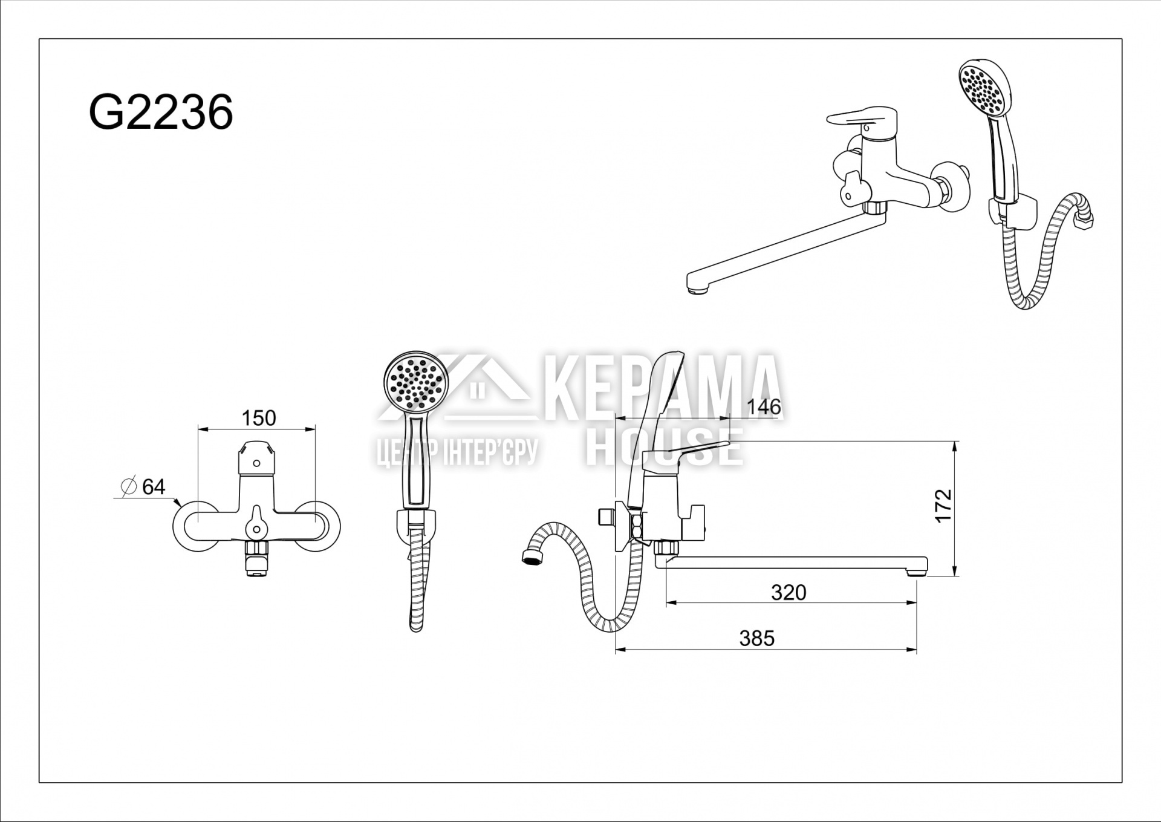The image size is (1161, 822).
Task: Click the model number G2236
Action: click(161, 113)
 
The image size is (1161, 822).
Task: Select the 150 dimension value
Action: click(259, 418)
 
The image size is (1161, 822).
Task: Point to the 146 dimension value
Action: click(764, 406)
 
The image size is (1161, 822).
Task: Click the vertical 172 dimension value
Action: click(943, 506)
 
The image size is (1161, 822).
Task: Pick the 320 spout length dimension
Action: click(789, 592)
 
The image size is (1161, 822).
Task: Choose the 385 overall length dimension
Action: click(756, 638)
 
